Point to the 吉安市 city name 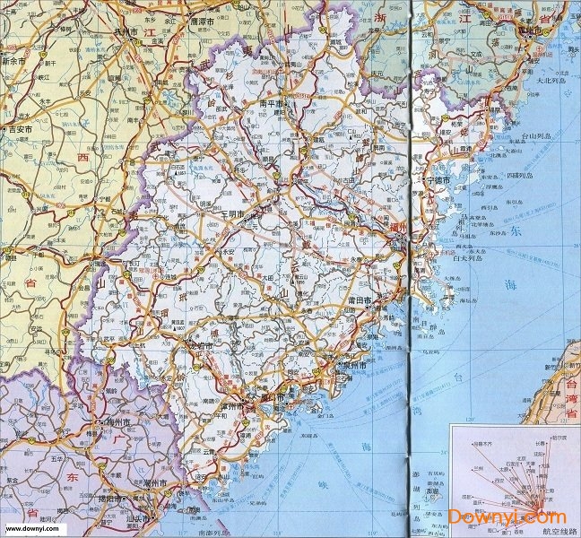(x=19, y=130)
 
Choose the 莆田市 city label (x=387, y=299)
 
